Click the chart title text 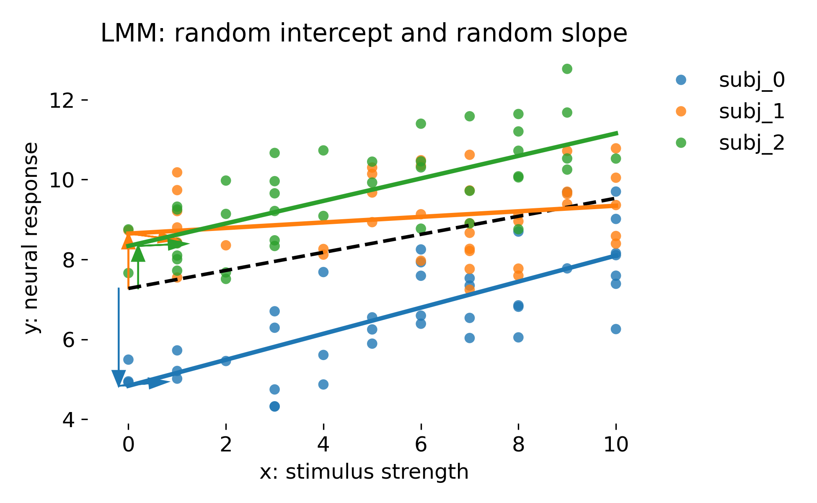[x=364, y=34]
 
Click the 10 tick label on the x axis [x=616, y=444]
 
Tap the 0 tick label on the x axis [x=129, y=444]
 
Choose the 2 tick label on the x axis [x=226, y=444]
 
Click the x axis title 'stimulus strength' [x=364, y=472]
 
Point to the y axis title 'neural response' [x=32, y=238]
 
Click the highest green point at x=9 [x=567, y=69]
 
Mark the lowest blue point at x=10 [x=616, y=329]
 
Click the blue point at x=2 [x=226, y=361]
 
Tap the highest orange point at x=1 [x=177, y=172]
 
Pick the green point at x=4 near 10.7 [x=323, y=150]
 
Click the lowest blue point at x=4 [x=323, y=384]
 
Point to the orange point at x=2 [x=226, y=245]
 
